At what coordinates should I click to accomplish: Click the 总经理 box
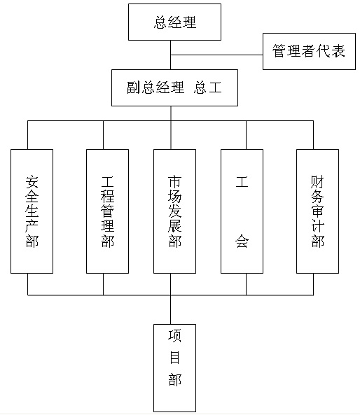(174, 22)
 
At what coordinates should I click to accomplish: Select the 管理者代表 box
(309, 51)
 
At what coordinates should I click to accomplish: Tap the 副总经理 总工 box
(174, 88)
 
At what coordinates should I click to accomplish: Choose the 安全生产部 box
(32, 211)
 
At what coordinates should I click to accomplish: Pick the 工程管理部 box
(107, 211)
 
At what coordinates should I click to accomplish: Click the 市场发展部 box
(174, 211)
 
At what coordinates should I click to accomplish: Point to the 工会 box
(242, 211)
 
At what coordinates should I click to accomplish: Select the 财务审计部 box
(317, 211)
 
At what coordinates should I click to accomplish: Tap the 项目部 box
(174, 368)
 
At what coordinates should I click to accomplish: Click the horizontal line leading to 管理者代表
(216, 55)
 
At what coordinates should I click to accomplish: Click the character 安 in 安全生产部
(32, 181)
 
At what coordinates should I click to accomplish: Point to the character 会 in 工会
(242, 241)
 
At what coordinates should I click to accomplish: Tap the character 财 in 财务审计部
(317, 181)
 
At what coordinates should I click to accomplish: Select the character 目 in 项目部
(174, 358)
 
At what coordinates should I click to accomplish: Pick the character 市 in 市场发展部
(174, 181)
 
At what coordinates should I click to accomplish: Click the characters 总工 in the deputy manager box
(208, 87)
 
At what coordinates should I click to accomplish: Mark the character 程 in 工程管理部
(107, 197)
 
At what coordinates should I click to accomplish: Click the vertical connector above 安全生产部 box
(27, 135)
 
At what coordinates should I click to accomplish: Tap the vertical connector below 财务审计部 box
(313, 284)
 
